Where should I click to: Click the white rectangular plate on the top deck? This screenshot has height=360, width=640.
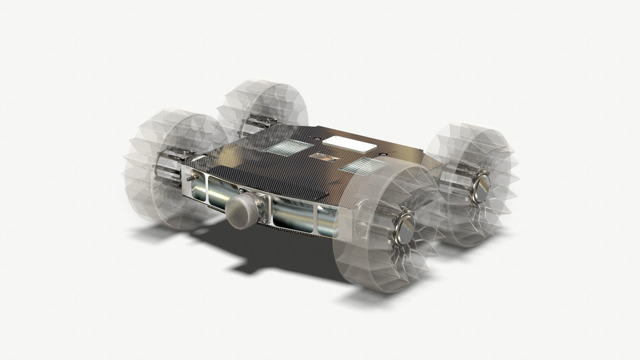tap(348, 146)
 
